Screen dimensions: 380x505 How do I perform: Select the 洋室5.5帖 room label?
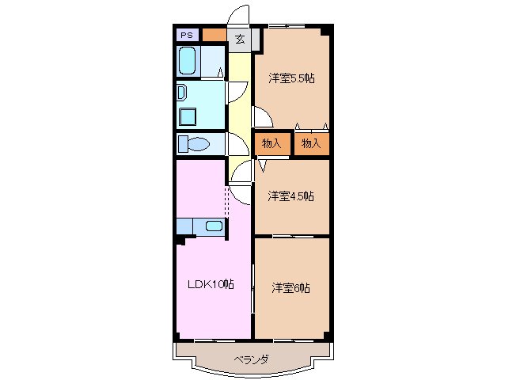(290, 78)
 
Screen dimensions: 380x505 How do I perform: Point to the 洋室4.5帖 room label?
(290, 196)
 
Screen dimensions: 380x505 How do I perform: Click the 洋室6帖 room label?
(290, 287)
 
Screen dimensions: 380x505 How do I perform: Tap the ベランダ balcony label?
(250, 359)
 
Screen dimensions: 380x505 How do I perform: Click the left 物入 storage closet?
(271, 143)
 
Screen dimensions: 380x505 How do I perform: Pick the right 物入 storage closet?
(311, 143)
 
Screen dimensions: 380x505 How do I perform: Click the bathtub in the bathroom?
(188, 60)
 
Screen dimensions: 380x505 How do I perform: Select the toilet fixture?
(192, 144)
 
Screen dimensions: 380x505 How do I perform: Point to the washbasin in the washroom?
(180, 92)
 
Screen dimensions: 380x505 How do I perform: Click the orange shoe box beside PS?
(213, 35)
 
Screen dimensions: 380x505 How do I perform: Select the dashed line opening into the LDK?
(229, 204)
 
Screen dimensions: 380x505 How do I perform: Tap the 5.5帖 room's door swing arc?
(264, 118)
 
